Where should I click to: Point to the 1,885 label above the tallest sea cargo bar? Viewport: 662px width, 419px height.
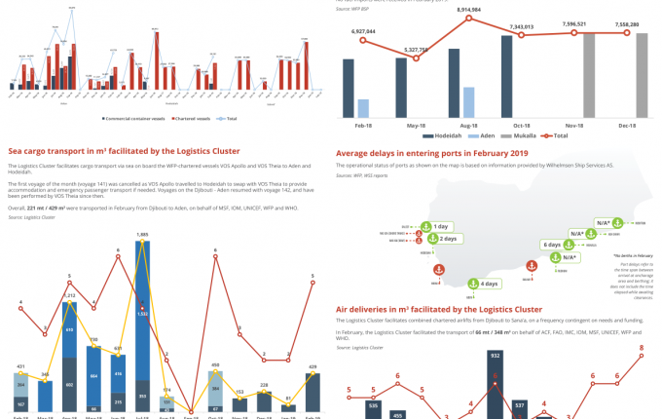point(143,235)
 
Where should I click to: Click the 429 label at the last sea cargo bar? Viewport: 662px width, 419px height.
point(313,366)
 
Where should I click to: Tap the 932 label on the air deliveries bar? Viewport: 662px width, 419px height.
point(495,357)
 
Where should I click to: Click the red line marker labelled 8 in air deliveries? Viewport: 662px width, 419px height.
point(642,356)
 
